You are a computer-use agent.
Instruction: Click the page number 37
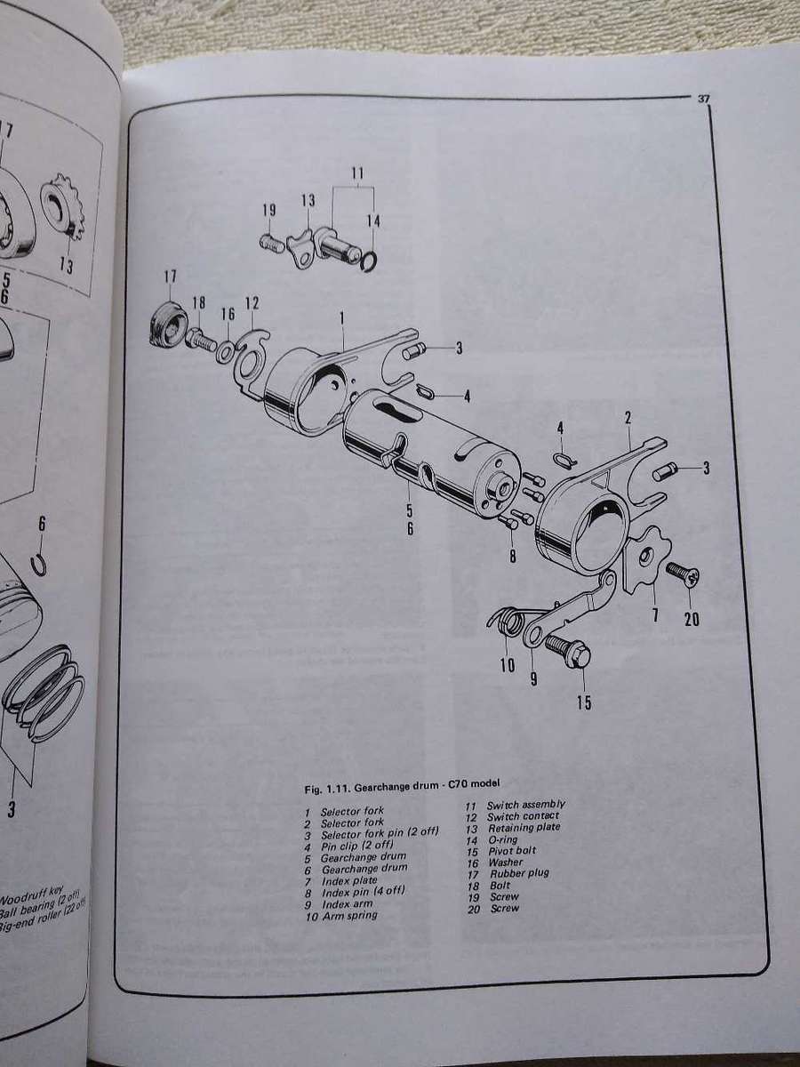pyautogui.click(x=701, y=100)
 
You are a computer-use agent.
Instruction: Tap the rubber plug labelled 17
pyautogui.click(x=165, y=324)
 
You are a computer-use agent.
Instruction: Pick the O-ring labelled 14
pyautogui.click(x=371, y=259)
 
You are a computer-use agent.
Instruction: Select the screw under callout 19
pyautogui.click(x=272, y=242)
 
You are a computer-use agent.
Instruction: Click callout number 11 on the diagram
pyautogui.click(x=356, y=173)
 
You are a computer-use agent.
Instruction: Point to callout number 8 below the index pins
pyautogui.click(x=511, y=558)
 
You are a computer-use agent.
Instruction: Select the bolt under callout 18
pyautogui.click(x=201, y=338)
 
